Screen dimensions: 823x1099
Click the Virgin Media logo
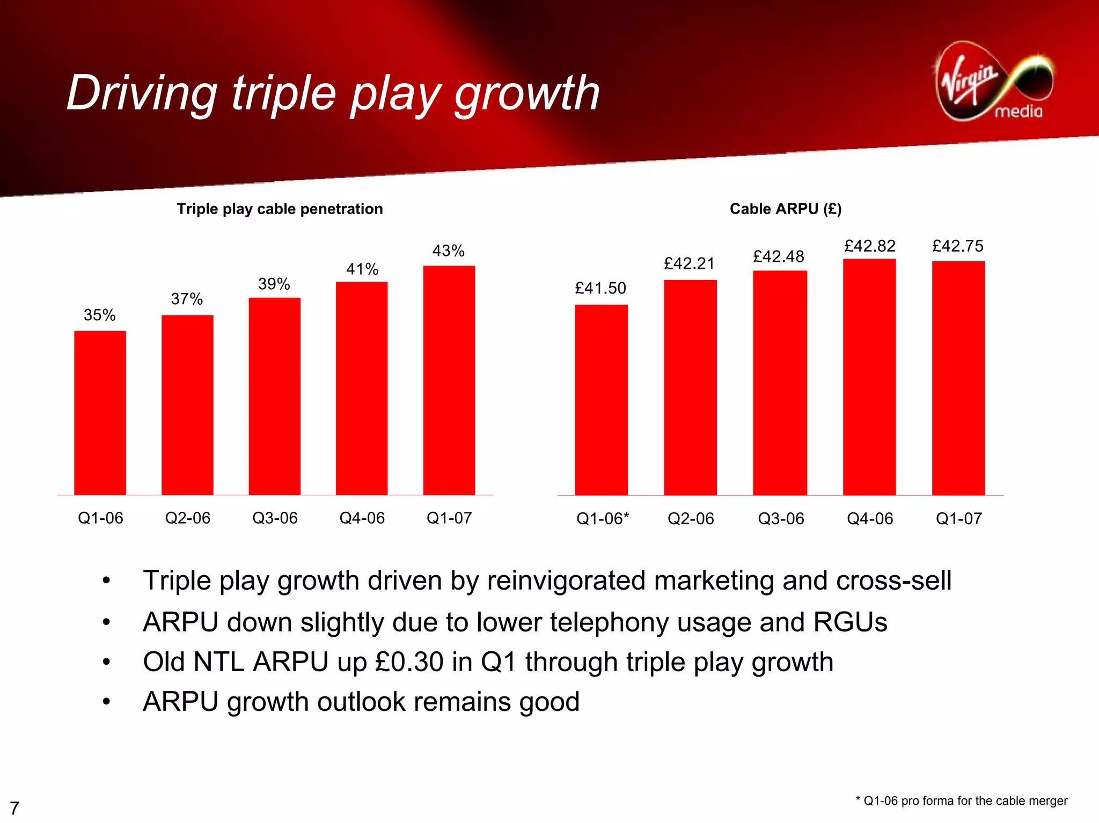(994, 82)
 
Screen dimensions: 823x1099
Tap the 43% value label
(448, 251)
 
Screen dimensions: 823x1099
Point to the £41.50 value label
(600, 288)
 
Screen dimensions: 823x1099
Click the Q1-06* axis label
(602, 518)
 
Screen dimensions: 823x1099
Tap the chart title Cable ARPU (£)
(785, 209)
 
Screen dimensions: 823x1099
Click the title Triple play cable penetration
(280, 209)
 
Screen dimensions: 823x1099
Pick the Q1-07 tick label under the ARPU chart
(958, 518)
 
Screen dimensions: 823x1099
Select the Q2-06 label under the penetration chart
(187, 518)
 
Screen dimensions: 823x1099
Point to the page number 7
(14, 807)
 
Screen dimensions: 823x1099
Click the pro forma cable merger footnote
(961, 800)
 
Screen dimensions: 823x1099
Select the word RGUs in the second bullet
(850, 622)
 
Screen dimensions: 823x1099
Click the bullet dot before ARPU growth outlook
(106, 701)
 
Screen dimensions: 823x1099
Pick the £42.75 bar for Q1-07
(958, 378)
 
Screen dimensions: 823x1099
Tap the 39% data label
(274, 284)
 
